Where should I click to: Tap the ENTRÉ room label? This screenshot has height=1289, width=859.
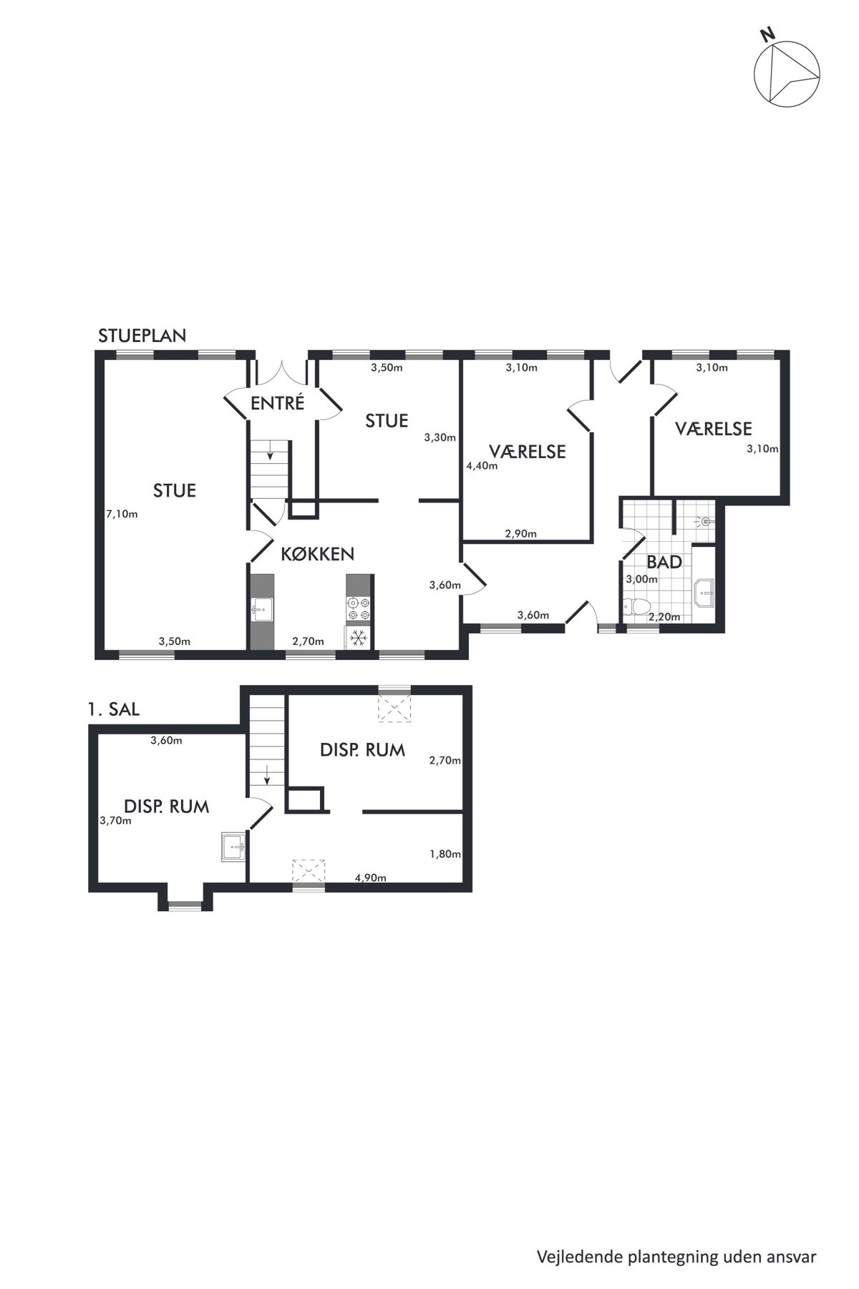tap(278, 403)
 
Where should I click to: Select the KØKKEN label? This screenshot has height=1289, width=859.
tap(317, 553)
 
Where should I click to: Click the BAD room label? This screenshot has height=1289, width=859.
tap(664, 562)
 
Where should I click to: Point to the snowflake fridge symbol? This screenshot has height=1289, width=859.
tap(357, 637)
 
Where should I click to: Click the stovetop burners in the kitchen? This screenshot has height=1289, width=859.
tap(358, 608)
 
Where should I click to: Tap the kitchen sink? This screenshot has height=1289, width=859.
tap(262, 610)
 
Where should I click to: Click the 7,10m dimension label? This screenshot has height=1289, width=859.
tap(122, 514)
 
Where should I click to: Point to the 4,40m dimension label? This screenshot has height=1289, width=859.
tap(482, 465)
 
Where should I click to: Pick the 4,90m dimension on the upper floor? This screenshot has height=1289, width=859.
tap(371, 878)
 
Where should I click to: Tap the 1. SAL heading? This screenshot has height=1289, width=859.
tap(113, 710)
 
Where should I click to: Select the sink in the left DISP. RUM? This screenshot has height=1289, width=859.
tap(235, 847)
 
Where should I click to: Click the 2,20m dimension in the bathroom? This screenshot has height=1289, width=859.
tap(664, 616)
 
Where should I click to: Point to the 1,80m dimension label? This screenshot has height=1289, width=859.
tap(445, 854)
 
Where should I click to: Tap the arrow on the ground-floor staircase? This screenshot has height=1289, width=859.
tap(270, 450)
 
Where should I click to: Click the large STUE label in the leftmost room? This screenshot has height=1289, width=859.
tap(175, 490)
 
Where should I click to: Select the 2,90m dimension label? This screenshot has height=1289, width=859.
tap(521, 534)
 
